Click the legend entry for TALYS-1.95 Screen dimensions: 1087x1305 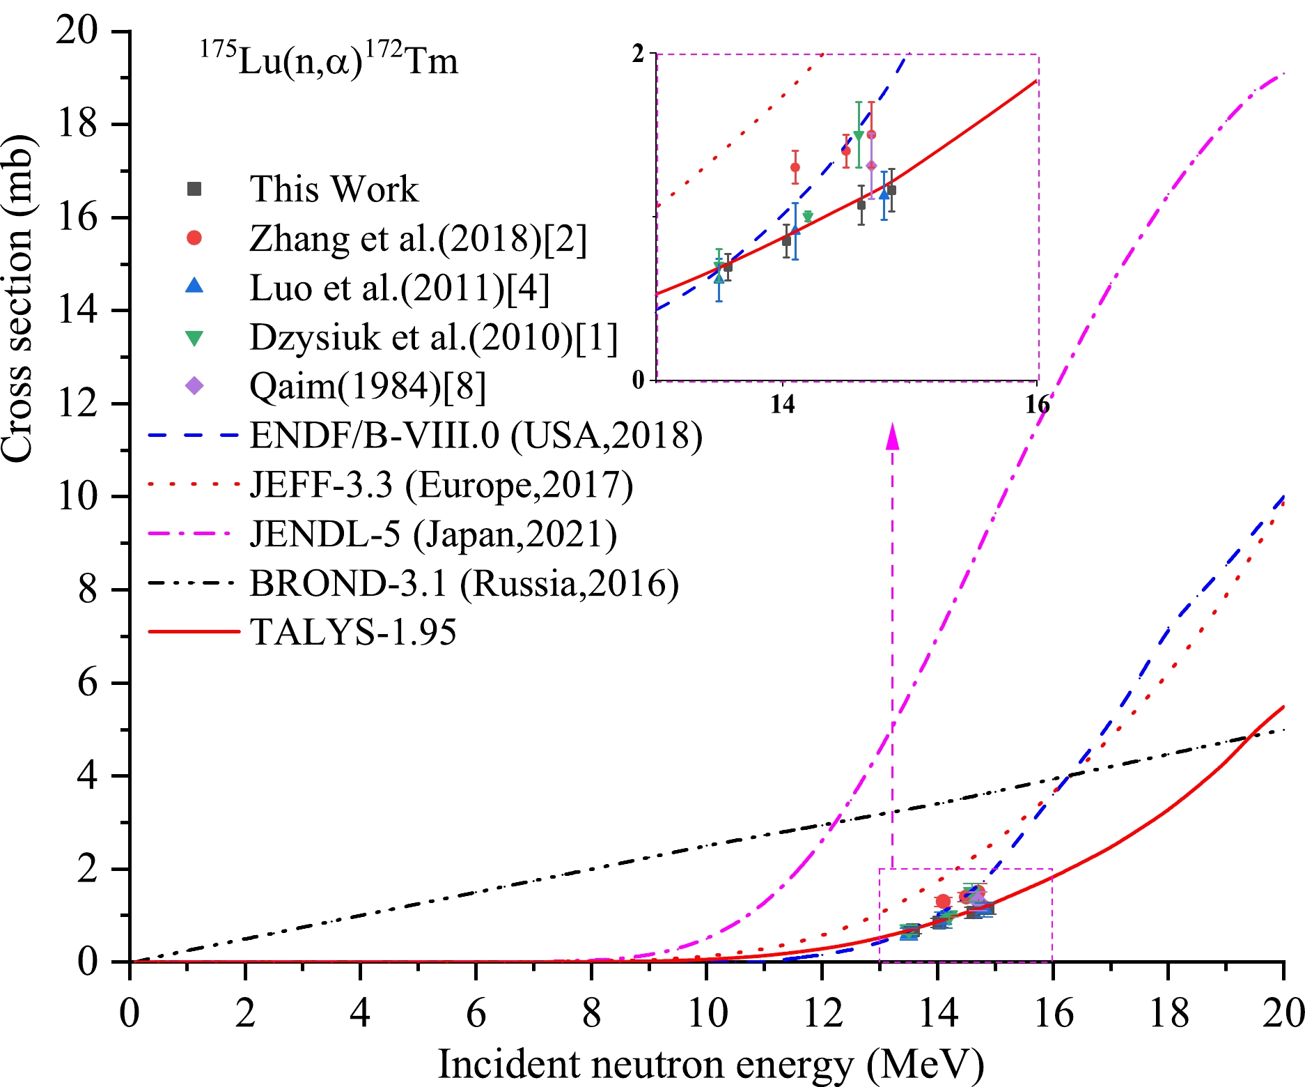pyautogui.click(x=352, y=632)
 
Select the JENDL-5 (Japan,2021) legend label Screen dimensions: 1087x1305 pyautogui.click(x=432, y=534)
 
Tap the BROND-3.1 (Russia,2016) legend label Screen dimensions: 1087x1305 pyautogui.click(x=464, y=583)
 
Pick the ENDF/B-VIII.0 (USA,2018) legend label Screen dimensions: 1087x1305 pyautogui.click(x=476, y=435)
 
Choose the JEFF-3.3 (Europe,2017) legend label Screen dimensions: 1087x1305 pyautogui.click(x=441, y=485)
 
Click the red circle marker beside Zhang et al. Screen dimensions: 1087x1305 pyautogui.click(x=195, y=238)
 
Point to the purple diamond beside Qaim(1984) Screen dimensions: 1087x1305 pyautogui.click(x=195, y=386)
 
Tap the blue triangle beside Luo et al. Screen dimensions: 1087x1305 pyautogui.click(x=195, y=286)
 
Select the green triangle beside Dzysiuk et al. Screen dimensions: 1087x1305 pyautogui.click(x=195, y=338)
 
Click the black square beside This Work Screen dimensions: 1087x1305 pyautogui.click(x=195, y=189)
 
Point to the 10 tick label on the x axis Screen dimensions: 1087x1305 pyautogui.click(x=707, y=1013)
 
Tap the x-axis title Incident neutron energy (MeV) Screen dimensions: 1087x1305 pyautogui.click(x=710, y=1064)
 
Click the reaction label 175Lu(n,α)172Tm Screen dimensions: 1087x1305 pyautogui.click(x=329, y=61)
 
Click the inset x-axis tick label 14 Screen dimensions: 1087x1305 pyautogui.click(x=783, y=404)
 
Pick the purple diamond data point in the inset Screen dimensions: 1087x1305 pyautogui.click(x=870, y=166)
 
